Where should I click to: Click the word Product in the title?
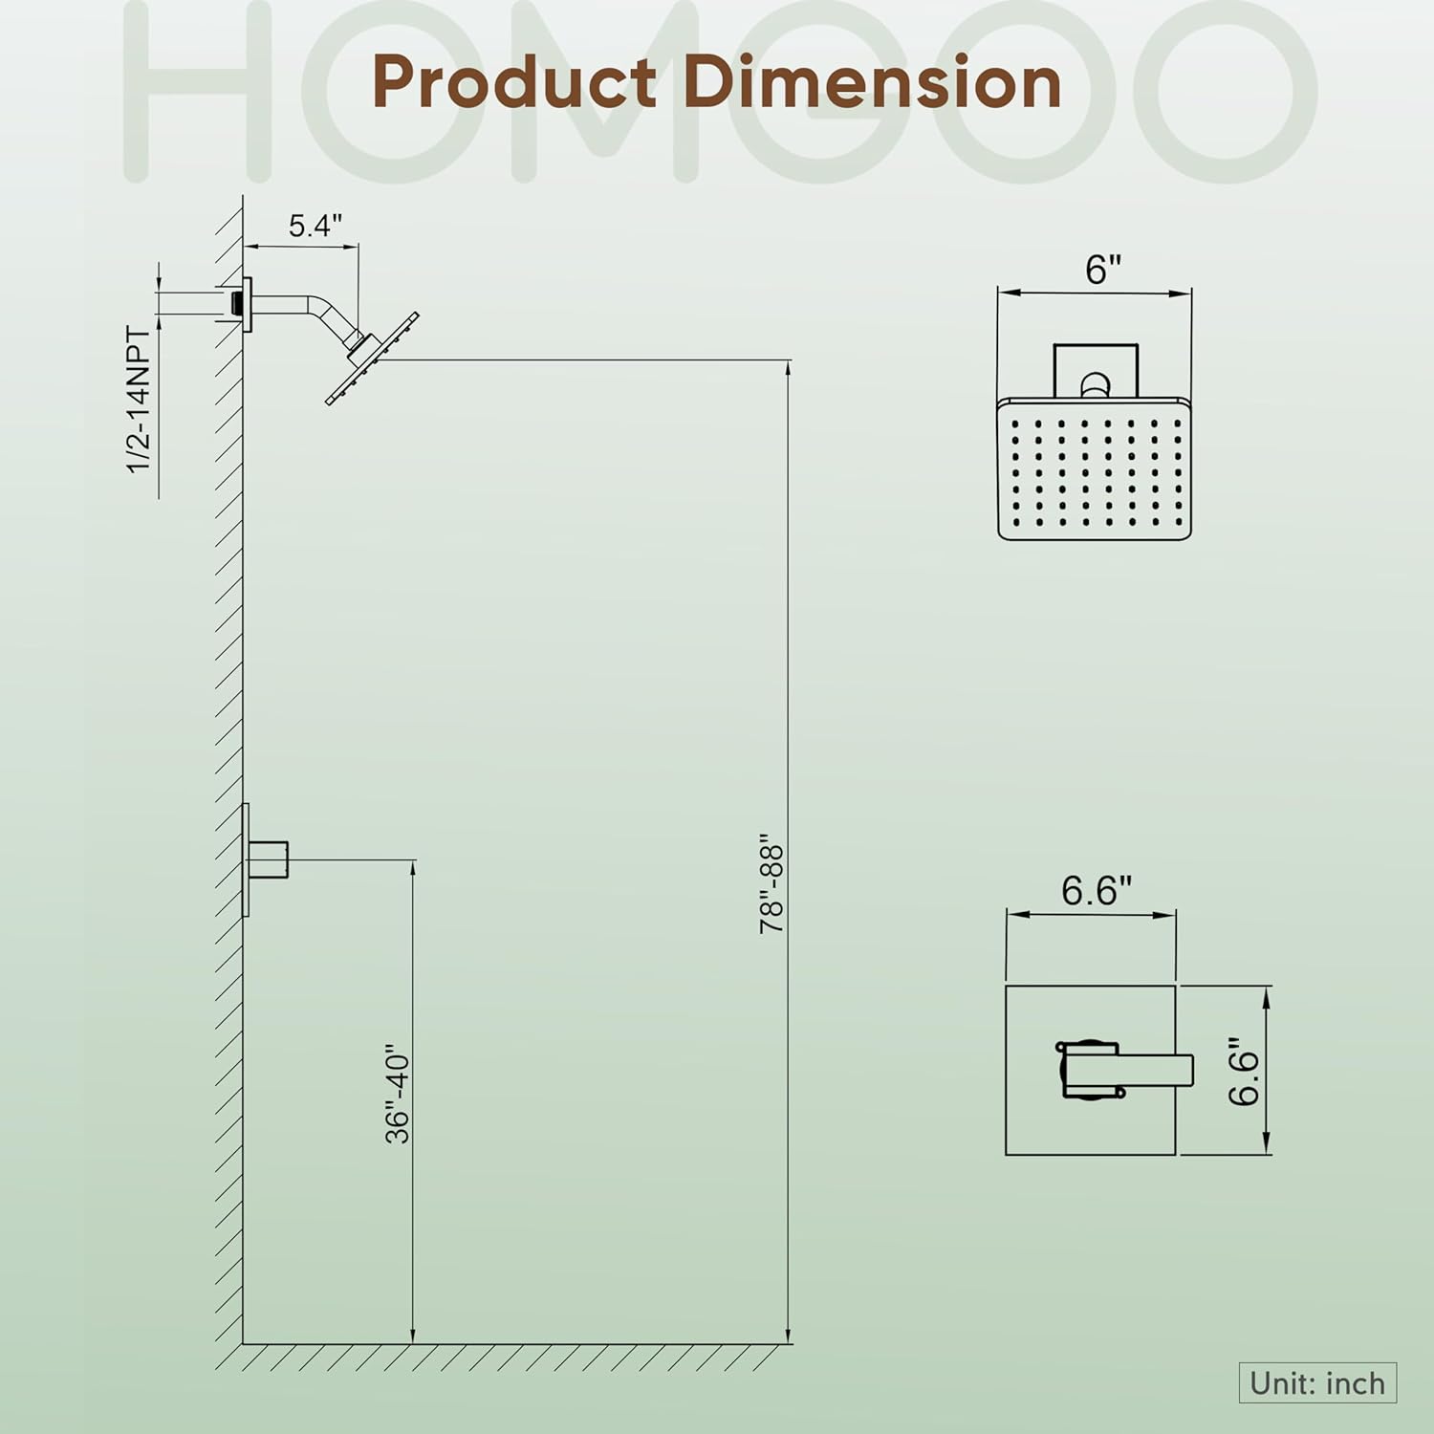point(514,83)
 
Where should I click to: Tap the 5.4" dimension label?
point(315,226)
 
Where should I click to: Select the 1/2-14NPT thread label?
point(140,400)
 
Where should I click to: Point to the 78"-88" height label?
point(771,889)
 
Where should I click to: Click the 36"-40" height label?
point(397,1098)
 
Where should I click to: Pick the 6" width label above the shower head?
point(1103,270)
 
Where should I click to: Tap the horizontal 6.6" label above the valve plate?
point(1097,890)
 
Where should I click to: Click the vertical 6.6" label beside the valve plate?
point(1244,1071)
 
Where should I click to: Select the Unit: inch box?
point(1317,1383)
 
